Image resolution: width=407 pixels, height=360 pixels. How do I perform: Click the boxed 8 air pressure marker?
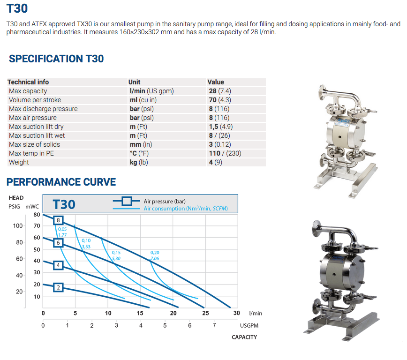(58, 220)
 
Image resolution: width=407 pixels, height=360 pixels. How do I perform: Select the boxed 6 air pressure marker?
(58, 243)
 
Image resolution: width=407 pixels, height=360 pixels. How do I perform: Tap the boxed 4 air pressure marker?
(58, 265)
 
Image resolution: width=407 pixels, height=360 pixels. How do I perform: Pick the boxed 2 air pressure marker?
(58, 288)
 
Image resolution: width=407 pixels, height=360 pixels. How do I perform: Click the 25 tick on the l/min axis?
(205, 313)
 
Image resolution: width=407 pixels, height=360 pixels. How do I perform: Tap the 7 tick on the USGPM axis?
(214, 325)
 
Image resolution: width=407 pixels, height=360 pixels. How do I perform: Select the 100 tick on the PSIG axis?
(18, 226)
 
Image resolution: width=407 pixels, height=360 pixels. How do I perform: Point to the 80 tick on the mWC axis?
(37, 215)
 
